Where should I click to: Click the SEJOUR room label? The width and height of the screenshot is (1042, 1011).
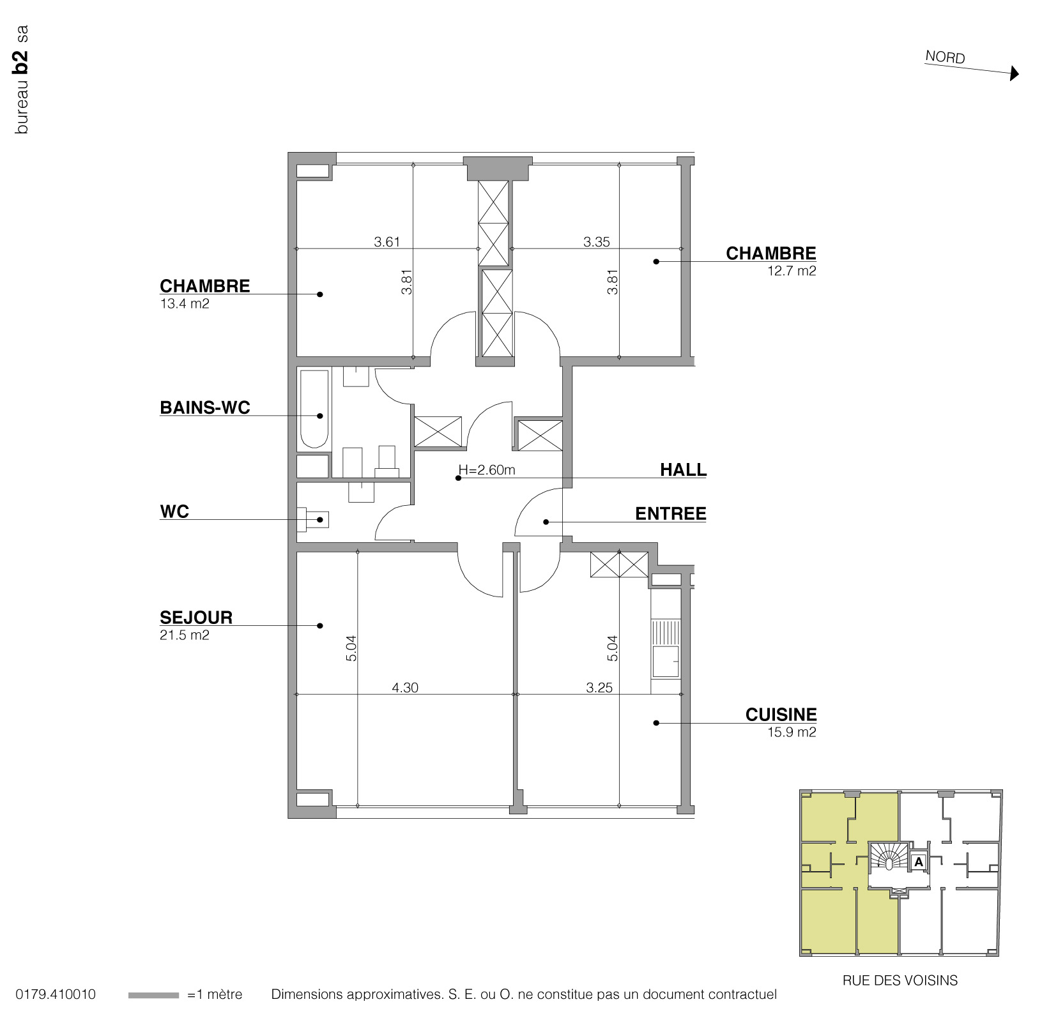(196, 618)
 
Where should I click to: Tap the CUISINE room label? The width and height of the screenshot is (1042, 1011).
(781, 715)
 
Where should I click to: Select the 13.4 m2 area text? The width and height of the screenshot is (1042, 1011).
(185, 304)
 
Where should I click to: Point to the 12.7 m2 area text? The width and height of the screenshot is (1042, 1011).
(792, 271)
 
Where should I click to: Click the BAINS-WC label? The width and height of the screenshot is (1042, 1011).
(205, 407)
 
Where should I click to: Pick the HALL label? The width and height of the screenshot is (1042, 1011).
(683, 470)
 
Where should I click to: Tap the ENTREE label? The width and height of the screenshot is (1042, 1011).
(670, 514)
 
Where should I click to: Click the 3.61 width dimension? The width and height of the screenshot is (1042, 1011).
(387, 242)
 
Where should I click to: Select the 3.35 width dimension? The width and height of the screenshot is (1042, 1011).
(597, 242)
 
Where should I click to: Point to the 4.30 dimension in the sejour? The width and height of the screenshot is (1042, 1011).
(405, 688)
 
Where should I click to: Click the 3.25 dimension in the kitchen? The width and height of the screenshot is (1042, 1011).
(599, 688)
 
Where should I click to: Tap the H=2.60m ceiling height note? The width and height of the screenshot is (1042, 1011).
(487, 471)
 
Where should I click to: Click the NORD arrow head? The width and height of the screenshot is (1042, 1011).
(1014, 74)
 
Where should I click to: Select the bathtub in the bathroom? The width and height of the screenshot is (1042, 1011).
(314, 409)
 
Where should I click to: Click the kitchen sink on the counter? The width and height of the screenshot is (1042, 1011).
(666, 660)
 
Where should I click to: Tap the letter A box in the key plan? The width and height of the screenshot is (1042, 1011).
(918, 862)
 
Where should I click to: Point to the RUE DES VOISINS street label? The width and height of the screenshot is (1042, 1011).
(900, 980)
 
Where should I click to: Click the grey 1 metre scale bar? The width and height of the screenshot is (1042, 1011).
(153, 995)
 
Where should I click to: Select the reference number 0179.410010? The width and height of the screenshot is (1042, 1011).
(56, 994)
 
